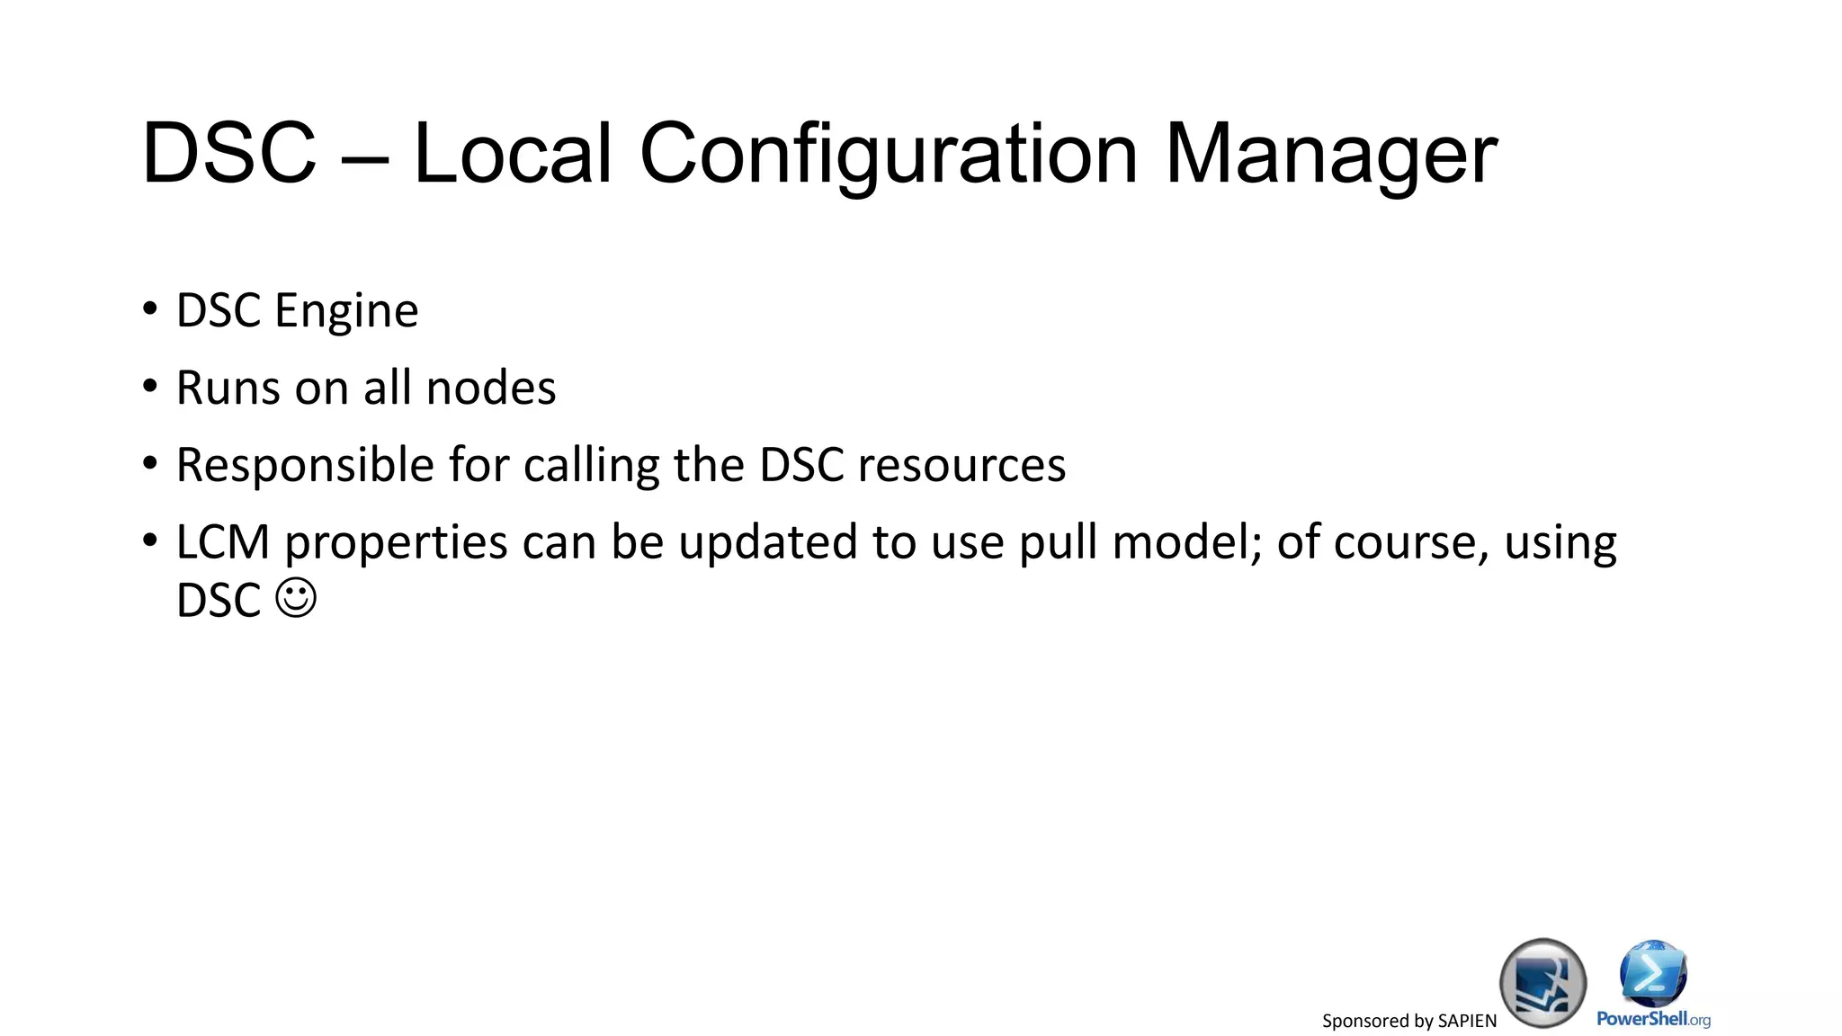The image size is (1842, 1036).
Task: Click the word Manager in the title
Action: pos(1331,155)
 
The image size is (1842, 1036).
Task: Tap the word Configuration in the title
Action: pos(889,155)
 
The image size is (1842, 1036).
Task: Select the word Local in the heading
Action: pos(513,155)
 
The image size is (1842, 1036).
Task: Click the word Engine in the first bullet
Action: pos(346,312)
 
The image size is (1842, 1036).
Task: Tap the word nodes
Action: pos(491,388)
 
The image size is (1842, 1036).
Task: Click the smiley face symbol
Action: pos(296,598)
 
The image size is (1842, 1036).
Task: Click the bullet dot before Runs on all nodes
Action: pos(150,387)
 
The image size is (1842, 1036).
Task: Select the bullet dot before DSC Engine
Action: pos(150,309)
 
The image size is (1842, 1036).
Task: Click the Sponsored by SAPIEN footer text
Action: pos(1408,1021)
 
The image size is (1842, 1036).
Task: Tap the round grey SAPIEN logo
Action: pos(1542,983)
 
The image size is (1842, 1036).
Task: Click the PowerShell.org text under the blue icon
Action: pos(1653,1019)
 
